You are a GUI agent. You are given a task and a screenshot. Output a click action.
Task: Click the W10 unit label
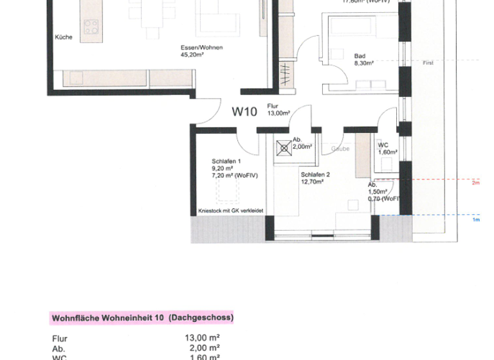point(244,112)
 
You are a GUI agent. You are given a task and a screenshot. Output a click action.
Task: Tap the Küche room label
point(63,37)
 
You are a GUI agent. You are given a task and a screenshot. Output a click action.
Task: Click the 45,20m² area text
point(192,55)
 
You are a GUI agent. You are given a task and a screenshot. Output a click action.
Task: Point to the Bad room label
point(360,55)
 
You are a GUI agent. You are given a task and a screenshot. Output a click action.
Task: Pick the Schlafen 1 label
point(226,161)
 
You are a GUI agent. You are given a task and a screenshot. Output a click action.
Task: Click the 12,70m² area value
point(311,181)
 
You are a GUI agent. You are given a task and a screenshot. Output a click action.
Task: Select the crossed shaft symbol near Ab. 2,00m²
point(283,148)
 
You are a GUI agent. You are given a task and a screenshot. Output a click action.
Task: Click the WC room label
point(383,145)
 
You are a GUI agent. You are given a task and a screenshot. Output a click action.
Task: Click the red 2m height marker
point(476,183)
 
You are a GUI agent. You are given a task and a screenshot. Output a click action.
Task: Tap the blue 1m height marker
point(476,220)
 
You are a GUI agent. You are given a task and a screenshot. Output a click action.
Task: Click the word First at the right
point(428,63)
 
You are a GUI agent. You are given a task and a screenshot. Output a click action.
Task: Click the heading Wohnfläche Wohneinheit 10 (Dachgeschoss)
point(142,318)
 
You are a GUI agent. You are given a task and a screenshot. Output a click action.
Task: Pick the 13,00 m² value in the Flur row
point(203,337)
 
